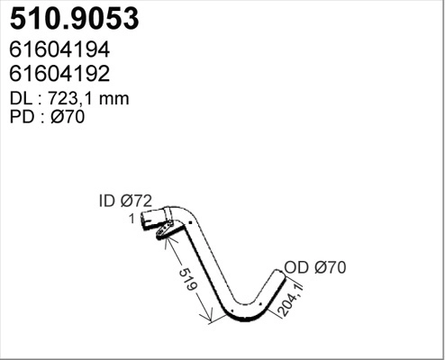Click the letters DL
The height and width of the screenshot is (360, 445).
20,100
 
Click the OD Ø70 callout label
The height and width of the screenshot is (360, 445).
315,266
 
